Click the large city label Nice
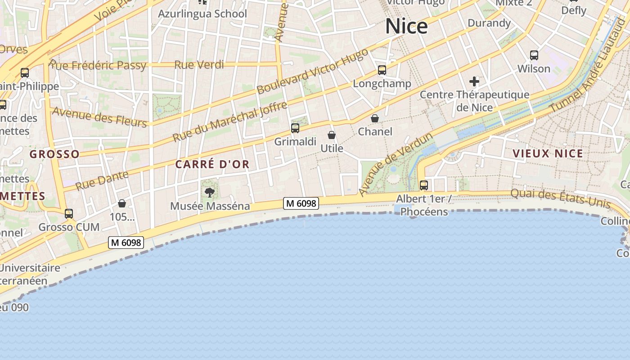pos(406,27)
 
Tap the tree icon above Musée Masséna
pos(209,193)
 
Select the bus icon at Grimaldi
pos(295,128)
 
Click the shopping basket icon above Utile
pos(332,135)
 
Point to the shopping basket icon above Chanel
pos(374,118)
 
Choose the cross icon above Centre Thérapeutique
pos(474,81)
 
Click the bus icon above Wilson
pos(534,55)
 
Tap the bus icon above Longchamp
pos(382,70)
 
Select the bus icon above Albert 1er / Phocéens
pos(423,185)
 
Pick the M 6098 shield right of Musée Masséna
pos(301,203)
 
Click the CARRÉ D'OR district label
pos(212,165)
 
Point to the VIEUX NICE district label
pos(548,153)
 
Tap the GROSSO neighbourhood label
pos(54,154)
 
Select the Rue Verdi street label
pos(199,65)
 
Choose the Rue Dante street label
pos(102,180)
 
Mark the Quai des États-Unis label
pos(560,198)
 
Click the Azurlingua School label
pos(202,14)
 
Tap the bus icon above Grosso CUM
pos(69,214)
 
